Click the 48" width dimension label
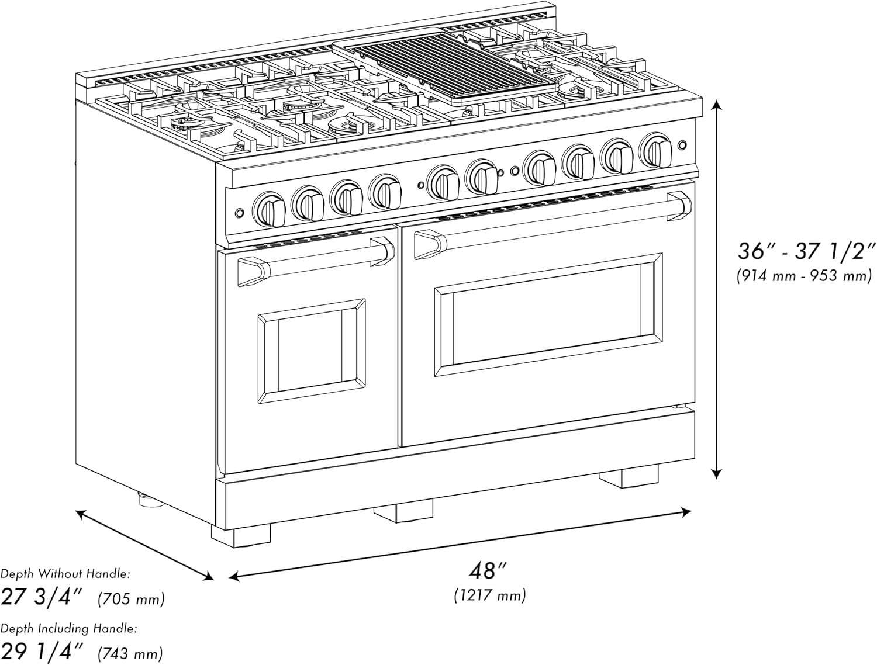click(490, 570)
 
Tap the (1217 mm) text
click(490, 595)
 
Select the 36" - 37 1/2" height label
click(806, 251)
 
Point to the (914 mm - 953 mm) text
click(804, 276)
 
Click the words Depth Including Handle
click(69, 629)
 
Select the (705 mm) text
click(132, 598)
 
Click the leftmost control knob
click(270, 209)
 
